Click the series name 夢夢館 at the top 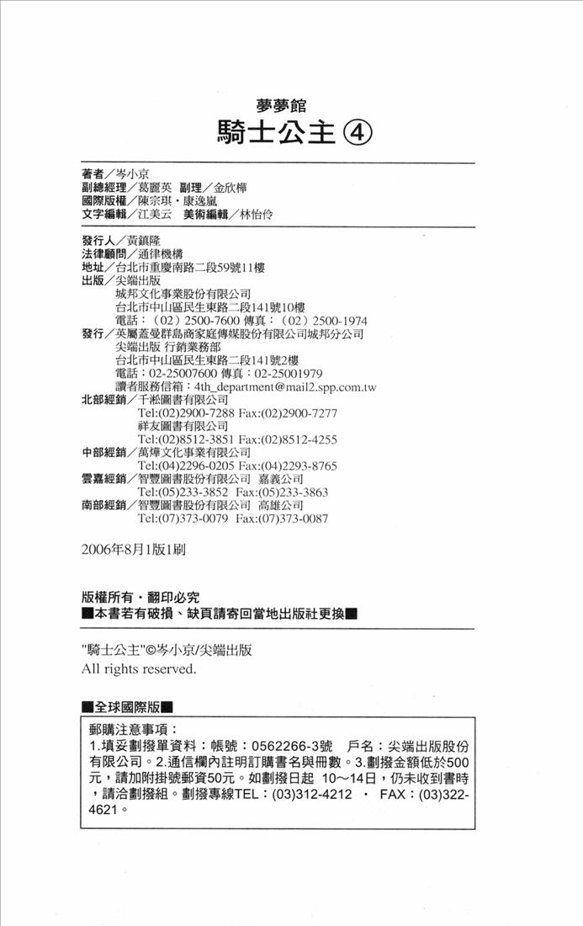tap(282, 106)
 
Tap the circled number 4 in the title tap(356, 132)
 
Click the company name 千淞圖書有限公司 tap(183, 400)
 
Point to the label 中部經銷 tap(103, 453)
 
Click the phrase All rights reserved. tap(138, 669)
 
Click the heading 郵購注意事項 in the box tap(133, 728)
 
